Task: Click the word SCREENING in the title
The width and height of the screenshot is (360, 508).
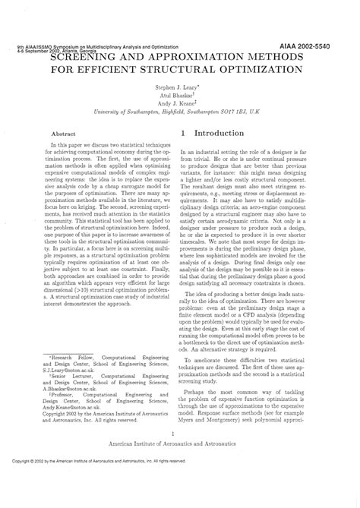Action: (83, 57)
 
